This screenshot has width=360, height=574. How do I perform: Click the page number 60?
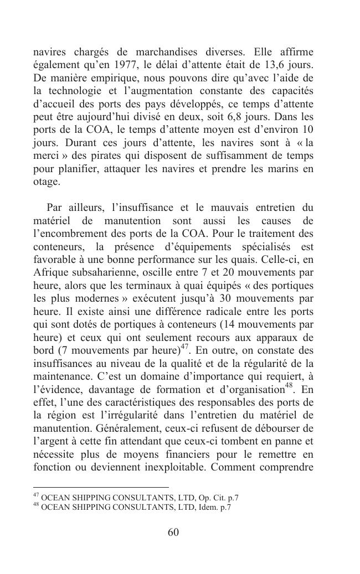coord(173,532)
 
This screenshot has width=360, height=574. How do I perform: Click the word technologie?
coord(75,91)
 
